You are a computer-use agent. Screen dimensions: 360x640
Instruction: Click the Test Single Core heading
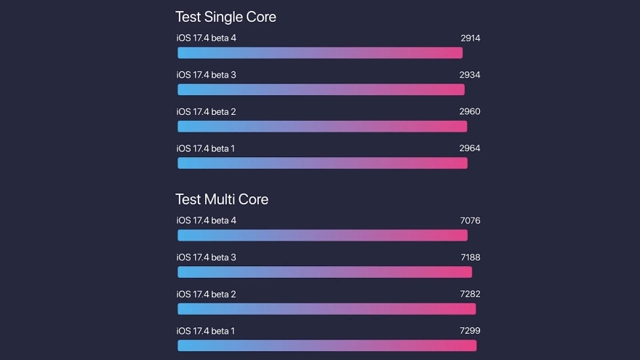(x=225, y=17)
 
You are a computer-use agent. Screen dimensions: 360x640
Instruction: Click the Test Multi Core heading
(x=222, y=199)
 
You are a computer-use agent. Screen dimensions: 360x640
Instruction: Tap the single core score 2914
(x=470, y=38)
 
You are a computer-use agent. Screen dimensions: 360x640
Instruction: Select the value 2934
(x=470, y=75)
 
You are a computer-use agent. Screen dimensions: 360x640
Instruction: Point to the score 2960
(x=470, y=111)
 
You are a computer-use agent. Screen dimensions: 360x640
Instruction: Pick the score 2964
(x=470, y=148)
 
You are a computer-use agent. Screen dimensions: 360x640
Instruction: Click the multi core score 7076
(x=470, y=220)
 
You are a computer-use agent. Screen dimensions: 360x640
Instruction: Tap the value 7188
(x=470, y=257)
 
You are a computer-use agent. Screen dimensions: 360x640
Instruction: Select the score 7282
(x=470, y=294)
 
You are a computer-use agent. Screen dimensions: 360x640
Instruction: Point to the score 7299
(x=470, y=331)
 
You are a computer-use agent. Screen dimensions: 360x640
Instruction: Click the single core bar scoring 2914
(x=320, y=52)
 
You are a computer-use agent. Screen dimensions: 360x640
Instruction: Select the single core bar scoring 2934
(x=321, y=89)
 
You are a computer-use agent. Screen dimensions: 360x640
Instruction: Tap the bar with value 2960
(x=322, y=127)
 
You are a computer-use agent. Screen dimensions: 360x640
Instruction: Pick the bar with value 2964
(x=322, y=163)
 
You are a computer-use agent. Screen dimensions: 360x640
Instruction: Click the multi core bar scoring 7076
(x=322, y=235)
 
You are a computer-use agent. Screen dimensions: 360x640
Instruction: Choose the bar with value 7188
(x=324, y=272)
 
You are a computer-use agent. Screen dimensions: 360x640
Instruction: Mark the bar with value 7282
(x=327, y=309)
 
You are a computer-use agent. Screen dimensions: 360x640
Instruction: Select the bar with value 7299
(x=327, y=345)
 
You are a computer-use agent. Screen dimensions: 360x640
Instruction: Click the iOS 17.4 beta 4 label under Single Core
(x=206, y=38)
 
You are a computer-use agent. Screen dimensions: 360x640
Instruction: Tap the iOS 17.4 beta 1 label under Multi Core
(x=206, y=331)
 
